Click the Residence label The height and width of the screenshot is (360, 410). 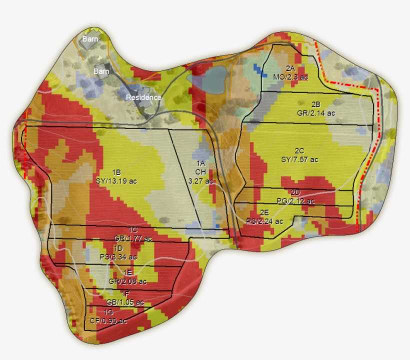pyautogui.click(x=143, y=97)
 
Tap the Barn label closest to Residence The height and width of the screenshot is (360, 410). pyautogui.click(x=101, y=71)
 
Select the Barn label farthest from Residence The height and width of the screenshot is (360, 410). pyautogui.click(x=90, y=38)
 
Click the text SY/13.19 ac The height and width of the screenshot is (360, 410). pyautogui.click(x=116, y=181)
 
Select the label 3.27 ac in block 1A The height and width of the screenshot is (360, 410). pyautogui.click(x=201, y=181)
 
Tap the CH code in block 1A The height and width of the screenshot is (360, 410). pyautogui.click(x=200, y=172)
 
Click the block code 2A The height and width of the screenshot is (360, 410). pyautogui.click(x=290, y=68)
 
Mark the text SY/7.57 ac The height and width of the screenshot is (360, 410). pyautogui.click(x=299, y=159)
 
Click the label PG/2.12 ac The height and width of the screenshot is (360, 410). pyautogui.click(x=295, y=201)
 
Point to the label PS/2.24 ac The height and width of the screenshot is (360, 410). pyautogui.click(x=264, y=221)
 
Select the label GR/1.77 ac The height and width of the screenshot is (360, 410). pyautogui.click(x=133, y=238)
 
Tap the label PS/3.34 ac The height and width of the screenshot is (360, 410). pyautogui.click(x=118, y=257)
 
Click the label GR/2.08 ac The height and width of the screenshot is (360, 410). pyautogui.click(x=128, y=281)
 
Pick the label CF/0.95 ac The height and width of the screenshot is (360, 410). pyautogui.click(x=108, y=321)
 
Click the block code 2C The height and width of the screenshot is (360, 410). pyautogui.click(x=299, y=151)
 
